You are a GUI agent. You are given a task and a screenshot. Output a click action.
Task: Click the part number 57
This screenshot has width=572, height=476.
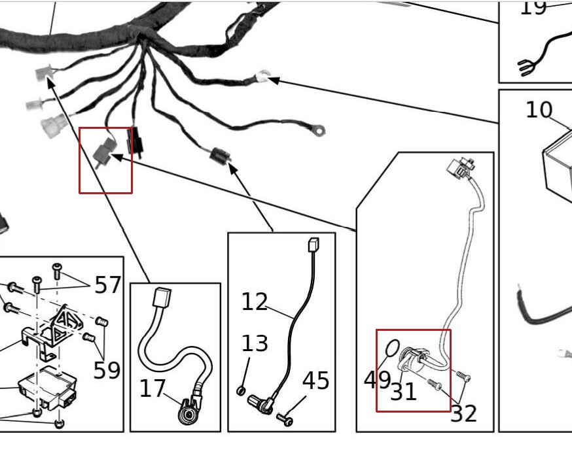108,284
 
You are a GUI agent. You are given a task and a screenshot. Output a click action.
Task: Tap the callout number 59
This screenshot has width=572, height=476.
107,369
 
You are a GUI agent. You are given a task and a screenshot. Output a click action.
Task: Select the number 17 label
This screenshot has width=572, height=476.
152,388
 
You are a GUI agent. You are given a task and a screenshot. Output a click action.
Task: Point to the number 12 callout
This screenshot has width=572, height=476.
255,301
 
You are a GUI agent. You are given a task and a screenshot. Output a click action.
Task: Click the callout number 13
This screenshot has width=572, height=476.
255,343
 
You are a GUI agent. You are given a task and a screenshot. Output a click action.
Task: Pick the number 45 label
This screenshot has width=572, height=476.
315,381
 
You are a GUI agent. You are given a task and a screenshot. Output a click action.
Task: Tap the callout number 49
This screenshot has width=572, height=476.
377,379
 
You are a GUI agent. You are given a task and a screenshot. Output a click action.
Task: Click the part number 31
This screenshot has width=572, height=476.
403,392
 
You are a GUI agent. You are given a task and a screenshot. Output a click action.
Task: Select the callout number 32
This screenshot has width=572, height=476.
463,413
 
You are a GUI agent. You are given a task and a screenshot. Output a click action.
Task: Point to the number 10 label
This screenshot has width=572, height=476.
539,110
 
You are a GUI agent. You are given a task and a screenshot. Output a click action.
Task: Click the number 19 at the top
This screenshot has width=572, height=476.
533,8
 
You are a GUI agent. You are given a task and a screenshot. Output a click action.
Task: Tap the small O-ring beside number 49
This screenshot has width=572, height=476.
391,348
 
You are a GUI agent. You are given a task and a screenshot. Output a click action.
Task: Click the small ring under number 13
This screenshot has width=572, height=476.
241,391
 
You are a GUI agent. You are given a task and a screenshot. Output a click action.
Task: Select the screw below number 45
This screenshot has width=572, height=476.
285,418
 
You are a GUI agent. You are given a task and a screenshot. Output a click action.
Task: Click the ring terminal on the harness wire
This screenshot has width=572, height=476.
319,131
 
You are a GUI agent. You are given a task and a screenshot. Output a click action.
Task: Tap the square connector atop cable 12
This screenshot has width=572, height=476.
313,245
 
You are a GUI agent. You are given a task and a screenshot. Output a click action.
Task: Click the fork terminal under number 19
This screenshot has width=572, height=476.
526,66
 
